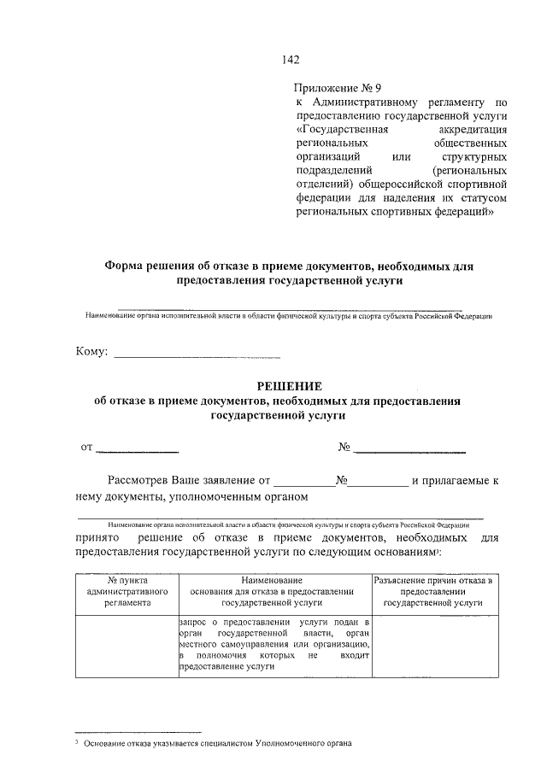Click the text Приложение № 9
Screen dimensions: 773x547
[337, 87]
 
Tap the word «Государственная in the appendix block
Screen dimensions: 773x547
[342, 129]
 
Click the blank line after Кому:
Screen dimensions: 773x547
[197, 354]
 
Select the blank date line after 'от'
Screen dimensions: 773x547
[138, 448]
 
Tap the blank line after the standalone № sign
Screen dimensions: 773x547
[410, 448]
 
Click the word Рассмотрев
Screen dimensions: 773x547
[138, 481]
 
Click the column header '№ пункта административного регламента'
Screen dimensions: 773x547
[123, 591]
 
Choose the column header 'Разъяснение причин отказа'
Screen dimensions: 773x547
[435, 591]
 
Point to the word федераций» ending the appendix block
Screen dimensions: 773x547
[463, 211]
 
